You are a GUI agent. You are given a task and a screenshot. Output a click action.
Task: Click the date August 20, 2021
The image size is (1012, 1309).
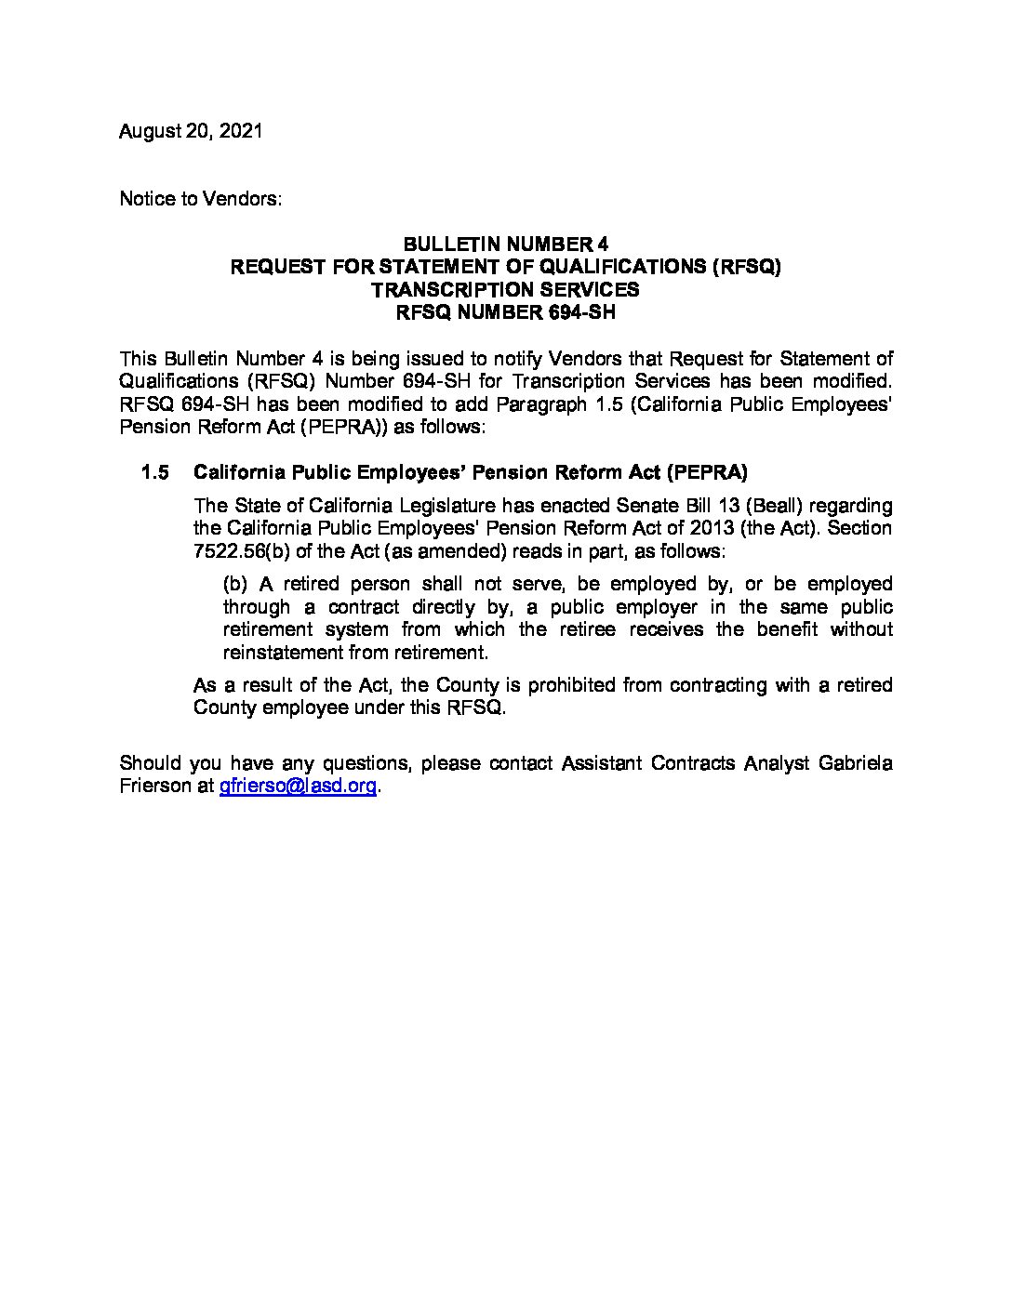[191, 131]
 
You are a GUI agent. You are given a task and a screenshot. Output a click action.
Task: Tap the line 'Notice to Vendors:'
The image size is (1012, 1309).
[200, 199]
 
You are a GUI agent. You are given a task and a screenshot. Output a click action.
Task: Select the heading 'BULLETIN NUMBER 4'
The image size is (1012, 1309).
[505, 245]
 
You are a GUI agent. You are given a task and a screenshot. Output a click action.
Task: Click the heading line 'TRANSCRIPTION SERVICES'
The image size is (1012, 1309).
[505, 289]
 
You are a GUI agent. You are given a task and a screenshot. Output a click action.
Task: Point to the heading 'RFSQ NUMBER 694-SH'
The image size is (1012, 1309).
[505, 312]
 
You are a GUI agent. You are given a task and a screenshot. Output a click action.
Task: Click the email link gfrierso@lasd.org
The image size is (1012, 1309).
[298, 787]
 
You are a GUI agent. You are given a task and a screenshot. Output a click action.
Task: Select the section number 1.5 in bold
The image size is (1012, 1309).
[154, 472]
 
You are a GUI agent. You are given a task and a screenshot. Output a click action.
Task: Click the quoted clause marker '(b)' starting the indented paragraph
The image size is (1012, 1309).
[236, 584]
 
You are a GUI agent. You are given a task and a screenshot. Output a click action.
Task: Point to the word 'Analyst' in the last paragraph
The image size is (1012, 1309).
[779, 763]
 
